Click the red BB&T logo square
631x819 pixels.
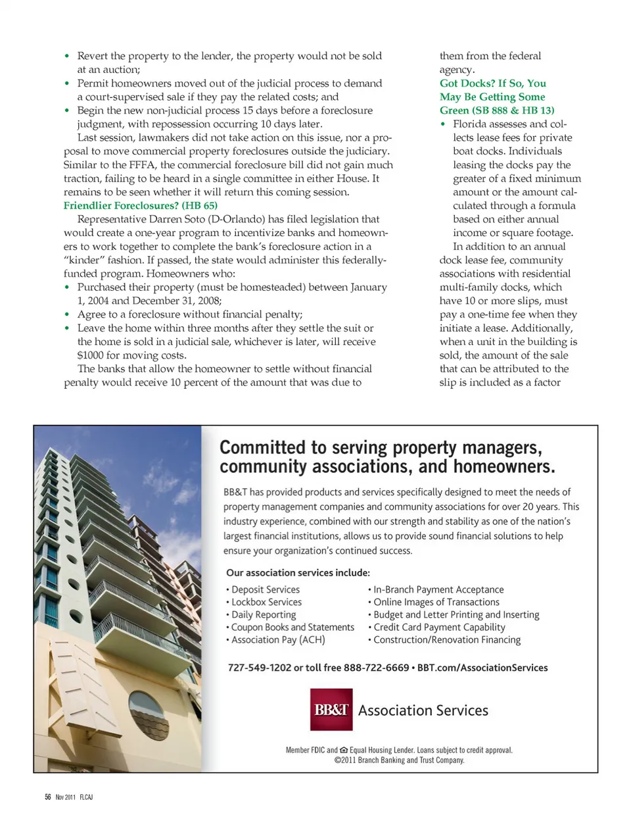pyautogui.click(x=331, y=709)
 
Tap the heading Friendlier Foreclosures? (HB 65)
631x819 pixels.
pyautogui.click(x=141, y=206)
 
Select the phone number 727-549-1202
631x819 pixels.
pyautogui.click(x=259, y=668)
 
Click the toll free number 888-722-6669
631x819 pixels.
pyautogui.click(x=376, y=668)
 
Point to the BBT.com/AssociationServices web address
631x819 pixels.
pyautogui.click(x=482, y=668)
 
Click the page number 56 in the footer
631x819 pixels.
pyautogui.click(x=48, y=797)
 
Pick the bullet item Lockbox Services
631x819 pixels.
pyautogui.click(x=266, y=602)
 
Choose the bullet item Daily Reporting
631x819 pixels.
pyautogui.click(x=263, y=614)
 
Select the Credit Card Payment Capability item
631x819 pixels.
pyautogui.click(x=439, y=627)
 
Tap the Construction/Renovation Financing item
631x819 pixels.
pyautogui.click(x=447, y=639)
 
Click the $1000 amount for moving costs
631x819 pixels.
pyautogui.click(x=90, y=355)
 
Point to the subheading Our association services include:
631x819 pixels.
pyautogui.click(x=298, y=573)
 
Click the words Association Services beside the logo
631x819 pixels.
pyautogui.click(x=423, y=710)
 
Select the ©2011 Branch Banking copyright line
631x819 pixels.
pyautogui.click(x=399, y=760)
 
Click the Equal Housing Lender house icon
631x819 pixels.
pyautogui.click(x=344, y=750)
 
